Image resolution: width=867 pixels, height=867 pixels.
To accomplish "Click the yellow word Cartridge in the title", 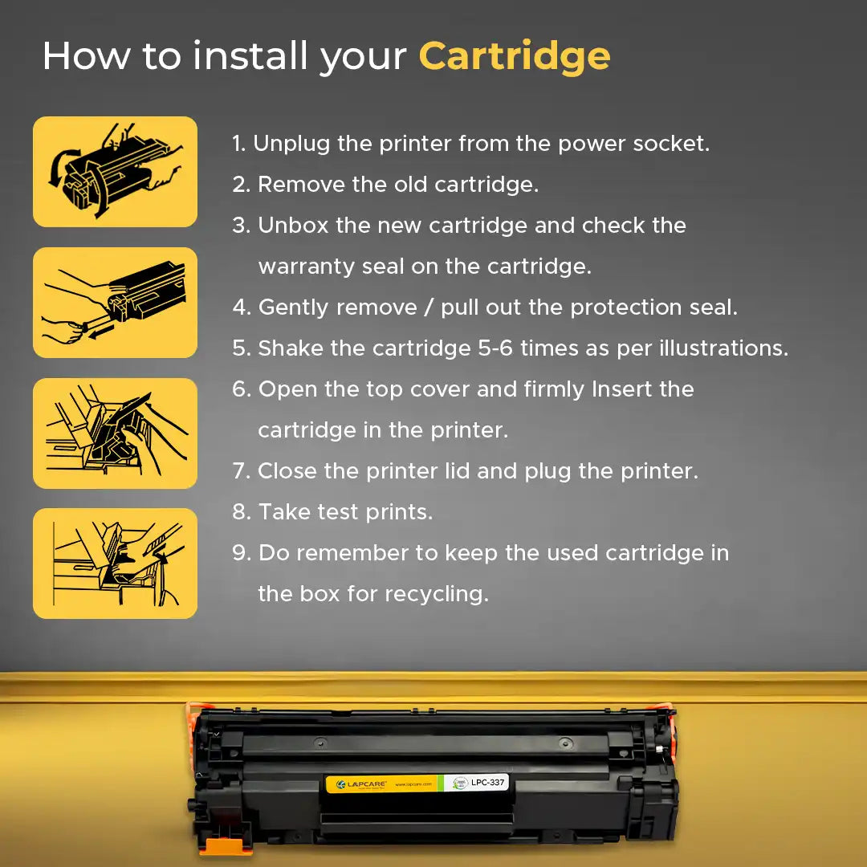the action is (x=515, y=58).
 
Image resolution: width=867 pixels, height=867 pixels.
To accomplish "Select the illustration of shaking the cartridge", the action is (x=115, y=172).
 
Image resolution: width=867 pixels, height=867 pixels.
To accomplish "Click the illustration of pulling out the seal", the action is (x=115, y=303).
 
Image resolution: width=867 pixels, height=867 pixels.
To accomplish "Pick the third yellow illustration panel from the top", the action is (x=115, y=433).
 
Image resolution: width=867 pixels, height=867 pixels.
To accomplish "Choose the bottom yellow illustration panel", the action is (x=115, y=564).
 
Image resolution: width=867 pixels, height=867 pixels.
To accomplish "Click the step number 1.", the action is (x=238, y=144).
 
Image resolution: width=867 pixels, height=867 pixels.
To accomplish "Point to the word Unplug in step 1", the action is (x=291, y=144).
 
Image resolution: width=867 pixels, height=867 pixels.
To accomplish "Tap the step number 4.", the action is (x=242, y=307).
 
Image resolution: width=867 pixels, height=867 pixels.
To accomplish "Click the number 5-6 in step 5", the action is (x=495, y=348).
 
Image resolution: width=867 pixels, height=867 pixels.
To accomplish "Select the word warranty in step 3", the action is (x=307, y=267).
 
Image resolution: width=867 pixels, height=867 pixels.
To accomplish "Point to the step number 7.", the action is (x=241, y=471).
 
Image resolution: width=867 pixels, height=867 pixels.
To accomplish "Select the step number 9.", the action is (x=242, y=553).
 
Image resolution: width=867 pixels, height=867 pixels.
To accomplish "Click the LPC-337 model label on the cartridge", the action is (x=487, y=783).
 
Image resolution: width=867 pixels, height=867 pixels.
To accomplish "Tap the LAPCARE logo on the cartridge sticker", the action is (x=361, y=784).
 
